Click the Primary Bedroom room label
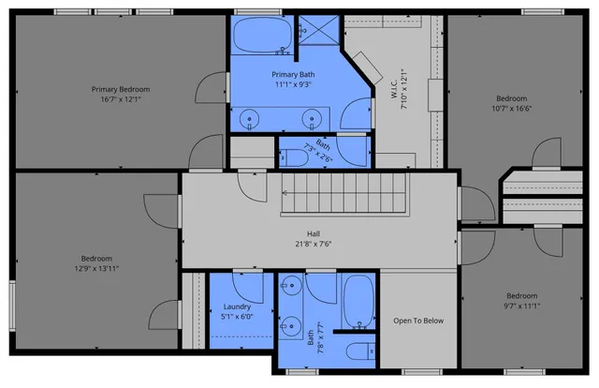[x=120, y=89]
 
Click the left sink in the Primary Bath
[x=250, y=118]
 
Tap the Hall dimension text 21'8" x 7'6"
[x=314, y=244]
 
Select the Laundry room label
[x=237, y=306]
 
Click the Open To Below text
[x=417, y=321]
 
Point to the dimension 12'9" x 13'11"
[x=95, y=268]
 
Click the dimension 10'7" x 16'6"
[x=512, y=108]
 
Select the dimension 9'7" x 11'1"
[x=521, y=305]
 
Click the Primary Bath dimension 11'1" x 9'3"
[x=292, y=84]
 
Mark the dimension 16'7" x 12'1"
[x=120, y=99]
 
